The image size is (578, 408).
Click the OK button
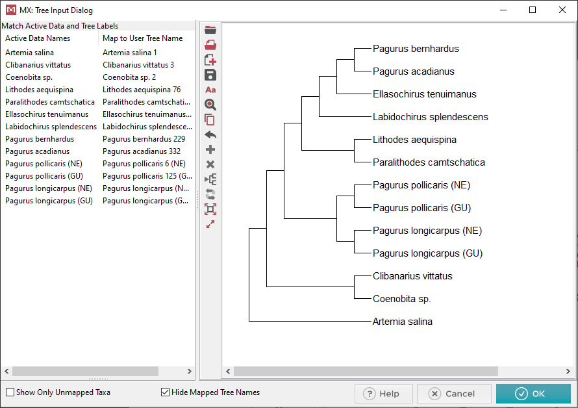point(533,394)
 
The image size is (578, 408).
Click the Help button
point(383,394)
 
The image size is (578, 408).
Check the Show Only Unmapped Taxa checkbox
point(10,392)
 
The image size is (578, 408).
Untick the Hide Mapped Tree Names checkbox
point(165,392)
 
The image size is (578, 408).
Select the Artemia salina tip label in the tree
point(402,322)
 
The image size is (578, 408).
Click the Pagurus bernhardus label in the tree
point(416,49)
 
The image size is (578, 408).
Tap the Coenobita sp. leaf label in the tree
point(401,299)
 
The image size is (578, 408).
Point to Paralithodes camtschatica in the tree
point(429,162)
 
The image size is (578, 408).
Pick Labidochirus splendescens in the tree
point(430,117)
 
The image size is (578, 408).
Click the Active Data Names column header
point(38,38)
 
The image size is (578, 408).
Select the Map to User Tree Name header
point(143,38)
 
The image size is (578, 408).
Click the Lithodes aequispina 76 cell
point(142,90)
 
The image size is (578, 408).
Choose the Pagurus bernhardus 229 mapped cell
point(144,139)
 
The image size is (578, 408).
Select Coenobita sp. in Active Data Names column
point(29,77)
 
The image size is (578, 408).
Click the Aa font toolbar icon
point(210,90)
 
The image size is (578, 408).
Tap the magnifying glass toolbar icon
point(210,105)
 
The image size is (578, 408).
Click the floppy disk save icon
point(210,75)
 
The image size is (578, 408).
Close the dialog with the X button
point(562,10)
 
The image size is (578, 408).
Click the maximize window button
point(533,10)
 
